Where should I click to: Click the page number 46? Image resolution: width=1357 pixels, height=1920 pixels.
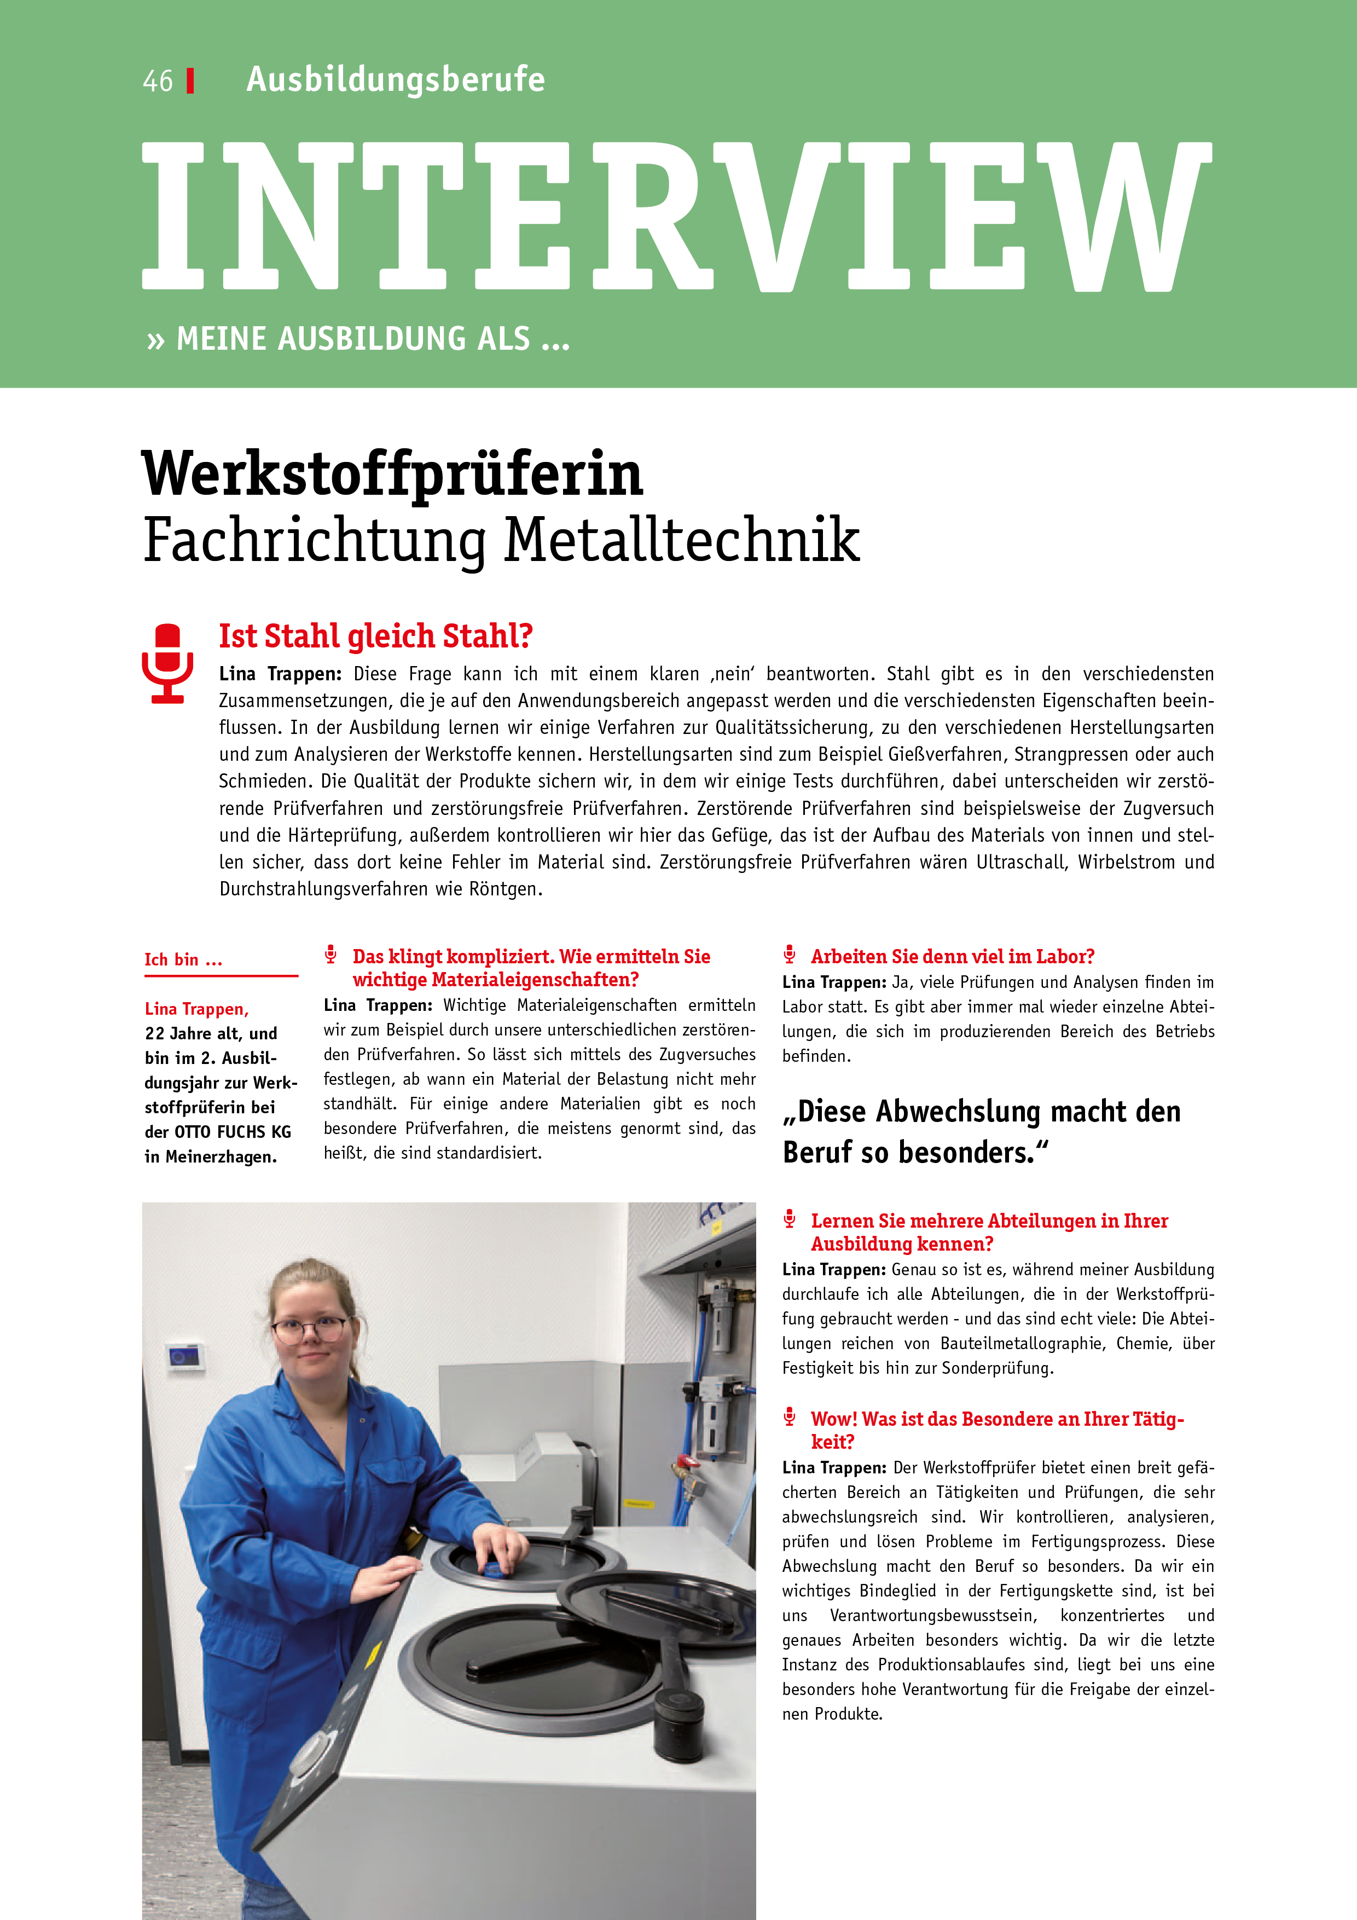(157, 81)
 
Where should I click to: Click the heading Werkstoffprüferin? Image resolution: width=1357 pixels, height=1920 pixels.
(392, 473)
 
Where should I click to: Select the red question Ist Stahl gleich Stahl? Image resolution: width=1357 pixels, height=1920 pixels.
(375, 637)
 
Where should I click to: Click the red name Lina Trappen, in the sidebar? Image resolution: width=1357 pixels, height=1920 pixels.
(196, 1009)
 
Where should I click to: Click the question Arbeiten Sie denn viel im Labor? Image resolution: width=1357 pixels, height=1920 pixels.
(952, 957)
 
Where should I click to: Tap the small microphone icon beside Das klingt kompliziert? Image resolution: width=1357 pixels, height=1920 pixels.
(331, 954)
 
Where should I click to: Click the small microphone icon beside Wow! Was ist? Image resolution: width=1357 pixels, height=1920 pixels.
(789, 1416)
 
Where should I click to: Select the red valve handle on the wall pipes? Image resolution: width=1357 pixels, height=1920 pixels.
(687, 1462)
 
